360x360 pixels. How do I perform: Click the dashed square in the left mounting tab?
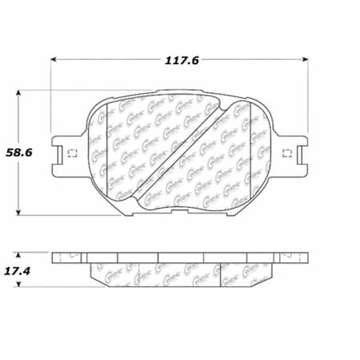point(70,154)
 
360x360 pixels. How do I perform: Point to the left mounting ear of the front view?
point(66,154)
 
